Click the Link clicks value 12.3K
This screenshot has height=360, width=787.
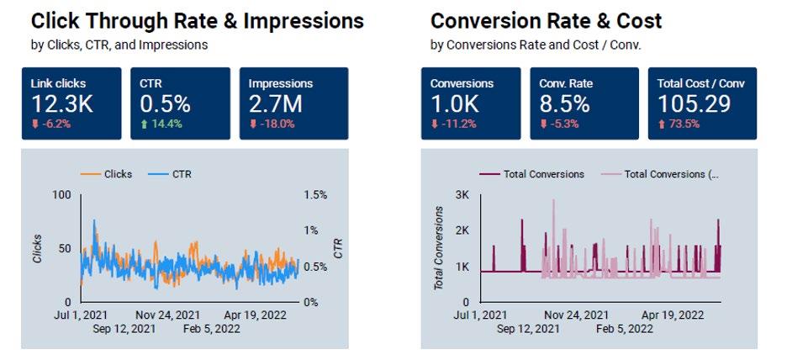(x=61, y=103)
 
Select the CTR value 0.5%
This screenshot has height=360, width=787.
(x=165, y=103)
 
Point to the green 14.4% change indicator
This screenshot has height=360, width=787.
(x=160, y=123)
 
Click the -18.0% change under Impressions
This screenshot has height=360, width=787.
(x=271, y=123)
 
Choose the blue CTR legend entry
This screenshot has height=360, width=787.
(x=175, y=174)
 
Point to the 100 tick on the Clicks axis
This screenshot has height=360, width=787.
(x=61, y=195)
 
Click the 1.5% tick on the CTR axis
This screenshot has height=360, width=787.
(x=315, y=195)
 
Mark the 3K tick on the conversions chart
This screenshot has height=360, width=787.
(x=462, y=195)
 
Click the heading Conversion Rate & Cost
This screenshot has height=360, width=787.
(x=546, y=21)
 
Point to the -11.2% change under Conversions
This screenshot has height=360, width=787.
(x=453, y=123)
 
